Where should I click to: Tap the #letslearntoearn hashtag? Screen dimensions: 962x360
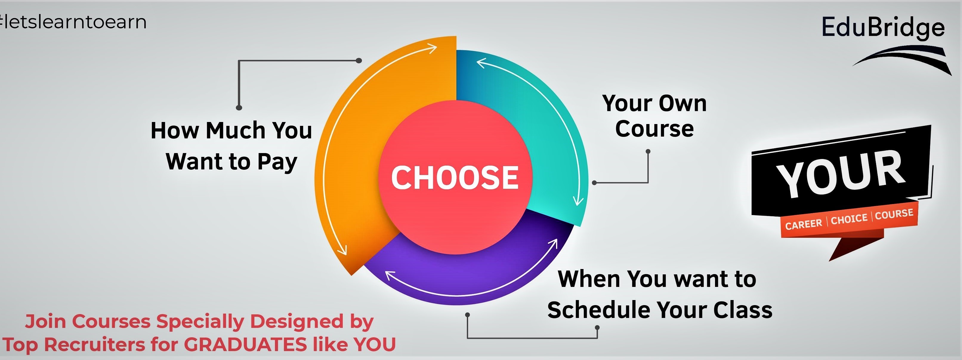(73, 22)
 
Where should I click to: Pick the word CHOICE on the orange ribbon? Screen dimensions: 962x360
(849, 218)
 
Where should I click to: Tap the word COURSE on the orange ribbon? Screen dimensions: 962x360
(894, 214)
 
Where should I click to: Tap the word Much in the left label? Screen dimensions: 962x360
(235, 130)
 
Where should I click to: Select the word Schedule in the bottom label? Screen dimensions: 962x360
(599, 310)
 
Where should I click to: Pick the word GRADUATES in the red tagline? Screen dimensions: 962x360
(245, 344)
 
